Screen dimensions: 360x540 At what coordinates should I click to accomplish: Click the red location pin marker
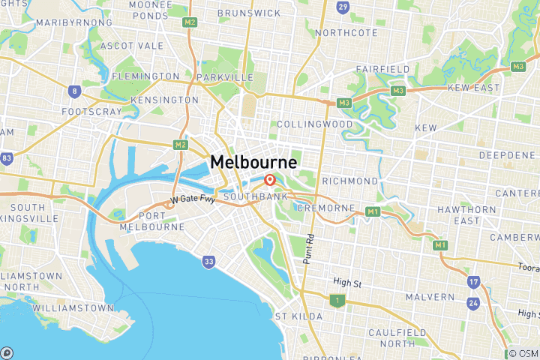[269, 180]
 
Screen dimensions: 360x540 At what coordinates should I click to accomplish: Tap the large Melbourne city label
[253, 162]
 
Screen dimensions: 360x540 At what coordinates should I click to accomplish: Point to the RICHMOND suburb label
[350, 181]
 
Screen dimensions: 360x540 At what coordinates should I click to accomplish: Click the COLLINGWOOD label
[314, 124]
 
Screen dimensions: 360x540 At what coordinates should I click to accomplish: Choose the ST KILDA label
[298, 316]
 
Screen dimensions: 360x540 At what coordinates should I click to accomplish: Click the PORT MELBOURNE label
[152, 220]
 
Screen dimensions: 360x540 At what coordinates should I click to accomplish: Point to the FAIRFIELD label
[383, 69]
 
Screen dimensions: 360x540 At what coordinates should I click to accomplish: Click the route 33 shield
[208, 262]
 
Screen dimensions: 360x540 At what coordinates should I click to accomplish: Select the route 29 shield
[342, 7]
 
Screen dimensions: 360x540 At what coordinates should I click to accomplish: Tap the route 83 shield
[7, 159]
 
